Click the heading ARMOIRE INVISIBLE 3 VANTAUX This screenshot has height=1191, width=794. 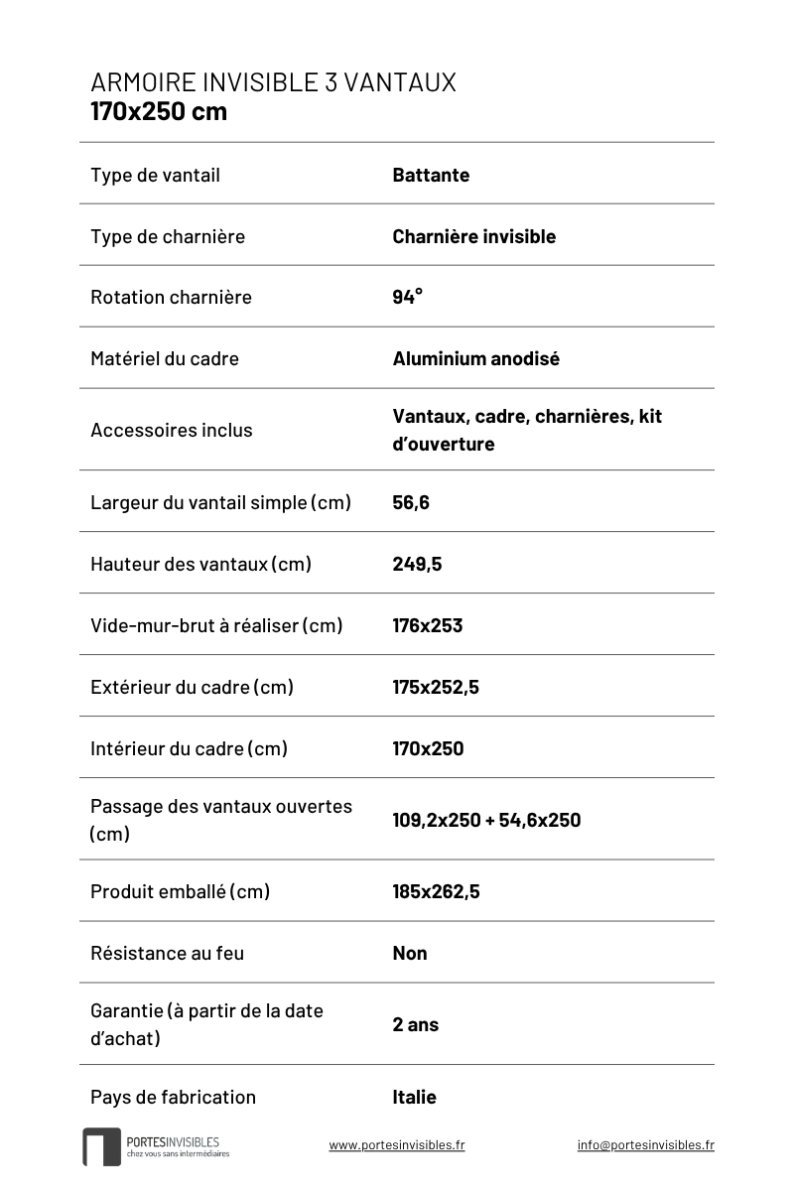coord(273,82)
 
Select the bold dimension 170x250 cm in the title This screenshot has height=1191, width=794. coord(159,111)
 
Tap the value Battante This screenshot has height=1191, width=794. coord(431,176)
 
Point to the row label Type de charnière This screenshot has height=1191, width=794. coord(167,236)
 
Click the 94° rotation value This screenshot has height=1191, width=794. coord(407,297)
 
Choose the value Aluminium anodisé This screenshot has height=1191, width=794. coord(475,358)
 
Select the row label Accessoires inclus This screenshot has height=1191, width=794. coord(171,430)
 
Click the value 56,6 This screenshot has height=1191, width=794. coord(411,502)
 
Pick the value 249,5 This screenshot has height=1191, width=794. coord(417,564)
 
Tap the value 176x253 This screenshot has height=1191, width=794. coord(427,625)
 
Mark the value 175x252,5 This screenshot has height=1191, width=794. coord(436,687)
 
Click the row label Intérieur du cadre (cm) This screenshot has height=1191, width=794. coord(189,748)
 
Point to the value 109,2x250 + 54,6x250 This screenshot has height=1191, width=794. coord(486,820)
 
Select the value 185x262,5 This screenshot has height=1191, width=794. coord(436,891)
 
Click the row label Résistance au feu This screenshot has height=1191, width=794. coord(167,953)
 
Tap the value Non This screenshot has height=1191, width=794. coord(410,953)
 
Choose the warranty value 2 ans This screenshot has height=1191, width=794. coord(415,1024)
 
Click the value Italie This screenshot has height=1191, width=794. coord(414,1097)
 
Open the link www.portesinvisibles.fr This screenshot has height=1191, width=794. coord(397,1144)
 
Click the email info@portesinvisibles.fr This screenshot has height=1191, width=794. coord(645,1144)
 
